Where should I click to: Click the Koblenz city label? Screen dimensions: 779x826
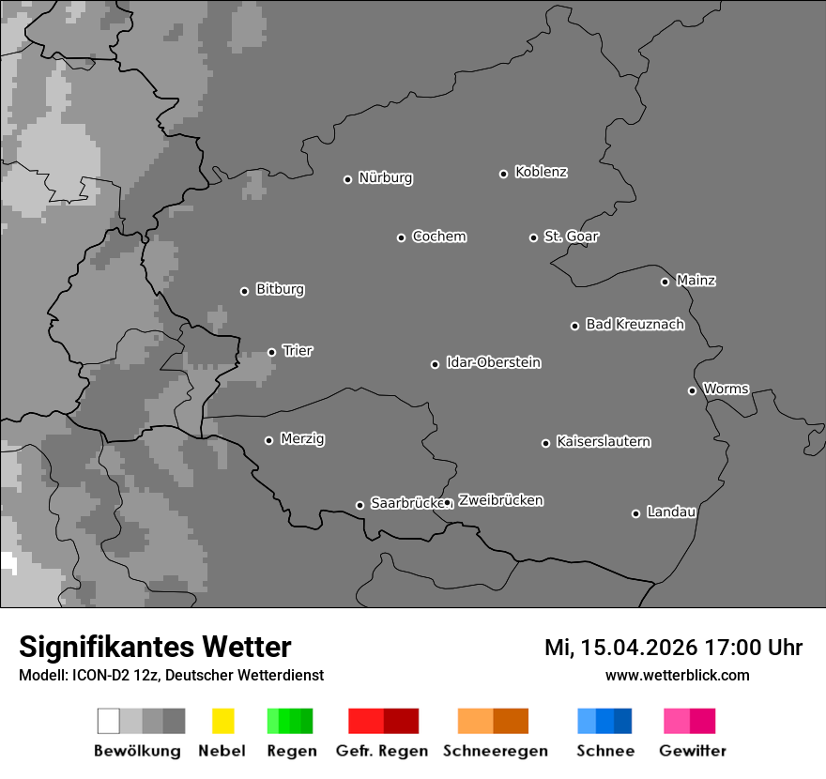coord(541,172)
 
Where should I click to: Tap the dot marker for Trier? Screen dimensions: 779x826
coord(272,353)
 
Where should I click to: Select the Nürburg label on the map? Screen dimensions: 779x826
coord(385,177)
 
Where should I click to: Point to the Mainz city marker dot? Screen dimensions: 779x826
coord(665,282)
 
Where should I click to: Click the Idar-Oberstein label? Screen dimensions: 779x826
coord(494,362)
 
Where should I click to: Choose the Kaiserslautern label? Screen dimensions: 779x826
coord(603,441)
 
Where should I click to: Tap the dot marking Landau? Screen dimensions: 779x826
coord(635,513)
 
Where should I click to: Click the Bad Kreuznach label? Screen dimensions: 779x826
coord(635,324)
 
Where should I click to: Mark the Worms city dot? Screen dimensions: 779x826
coord(692,390)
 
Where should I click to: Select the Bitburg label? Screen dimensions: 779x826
coord(280,289)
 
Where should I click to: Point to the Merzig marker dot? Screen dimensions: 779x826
coord(268,440)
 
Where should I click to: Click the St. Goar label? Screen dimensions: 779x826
coord(571,237)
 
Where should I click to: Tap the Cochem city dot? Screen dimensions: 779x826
coord(401,237)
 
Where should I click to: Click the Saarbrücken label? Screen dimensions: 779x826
coord(405,503)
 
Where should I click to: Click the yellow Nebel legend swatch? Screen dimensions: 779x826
coord(222,721)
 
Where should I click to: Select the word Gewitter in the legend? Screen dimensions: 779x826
coord(692,751)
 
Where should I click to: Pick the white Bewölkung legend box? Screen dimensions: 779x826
coord(108,721)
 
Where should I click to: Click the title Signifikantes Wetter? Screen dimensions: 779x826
coord(155,648)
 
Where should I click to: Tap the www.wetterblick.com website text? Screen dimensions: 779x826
coord(677,675)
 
